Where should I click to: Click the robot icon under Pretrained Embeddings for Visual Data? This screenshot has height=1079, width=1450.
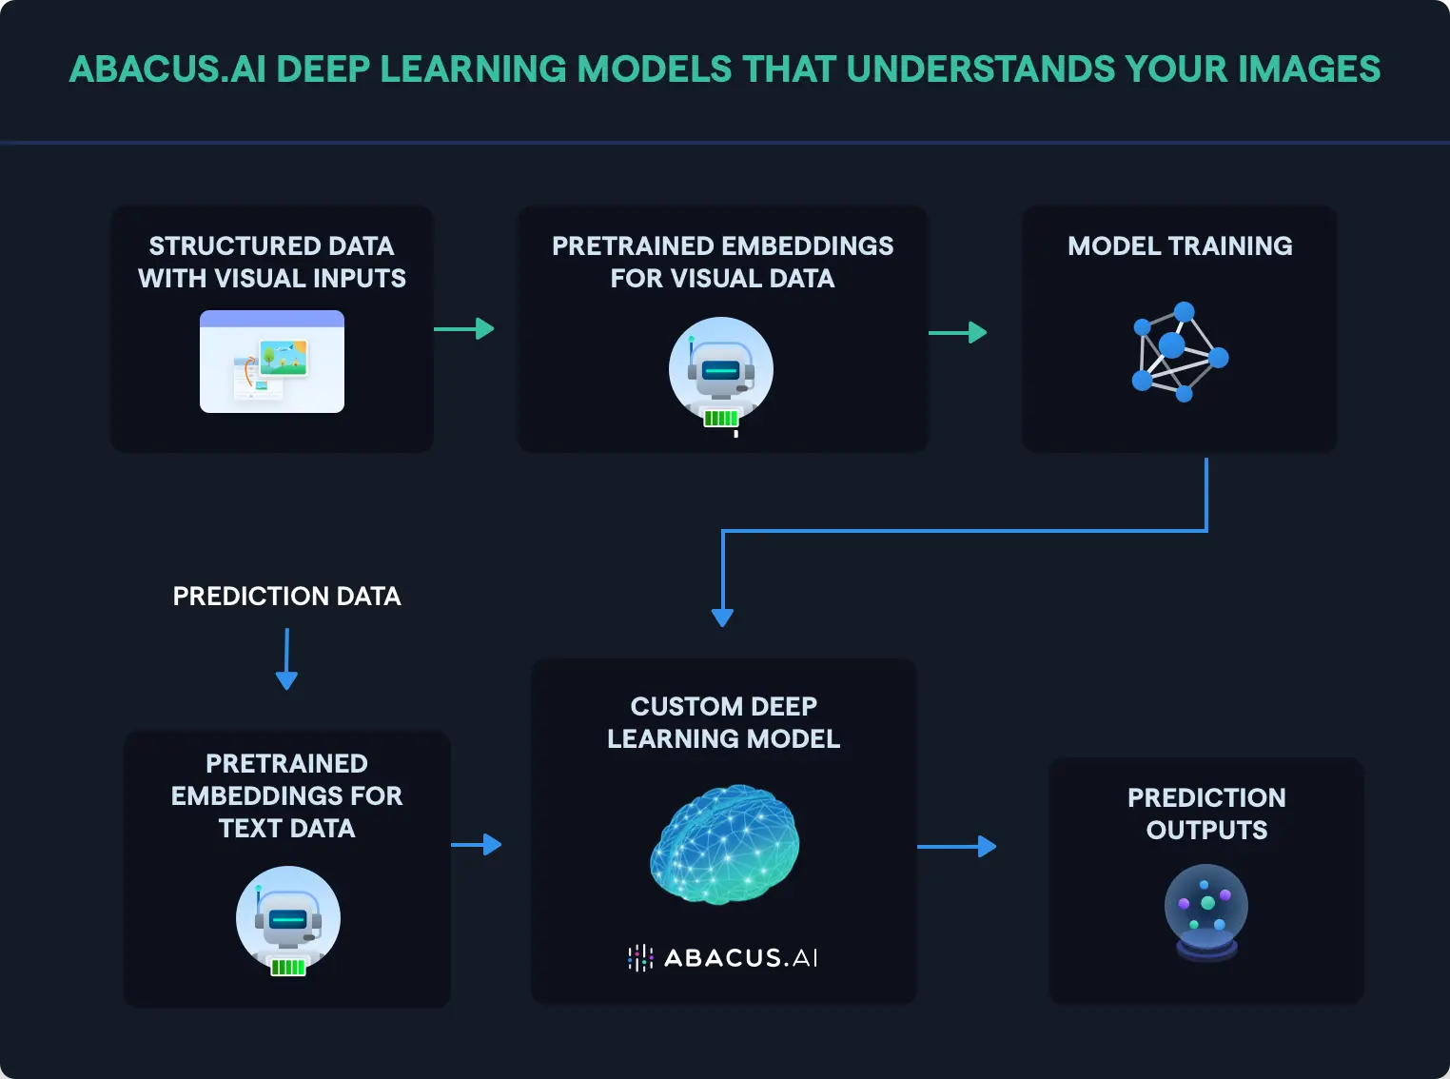point(721,373)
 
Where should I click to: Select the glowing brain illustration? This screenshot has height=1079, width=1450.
point(725,844)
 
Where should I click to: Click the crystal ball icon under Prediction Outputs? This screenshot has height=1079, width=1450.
point(1206,912)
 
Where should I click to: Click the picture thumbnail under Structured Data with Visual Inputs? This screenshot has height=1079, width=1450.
point(272,362)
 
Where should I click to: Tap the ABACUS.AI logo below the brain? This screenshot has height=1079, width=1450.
point(723,957)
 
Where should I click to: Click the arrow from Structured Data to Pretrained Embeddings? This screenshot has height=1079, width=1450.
point(464,329)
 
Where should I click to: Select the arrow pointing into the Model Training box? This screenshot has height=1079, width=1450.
point(957,333)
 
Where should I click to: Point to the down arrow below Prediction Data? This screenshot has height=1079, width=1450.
point(286,659)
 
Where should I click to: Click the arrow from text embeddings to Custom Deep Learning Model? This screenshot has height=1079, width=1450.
point(477,844)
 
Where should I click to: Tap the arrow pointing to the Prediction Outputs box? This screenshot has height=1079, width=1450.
point(957,846)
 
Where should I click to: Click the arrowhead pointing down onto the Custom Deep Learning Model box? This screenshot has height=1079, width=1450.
point(722,617)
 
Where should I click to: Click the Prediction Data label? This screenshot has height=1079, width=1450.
point(286,597)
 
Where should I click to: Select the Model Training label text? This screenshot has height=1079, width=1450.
point(1180,246)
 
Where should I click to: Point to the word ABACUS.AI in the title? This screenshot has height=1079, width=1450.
point(167,69)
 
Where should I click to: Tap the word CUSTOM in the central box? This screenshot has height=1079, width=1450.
point(673,707)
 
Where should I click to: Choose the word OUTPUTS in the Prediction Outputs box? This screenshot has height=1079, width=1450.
point(1206,831)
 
